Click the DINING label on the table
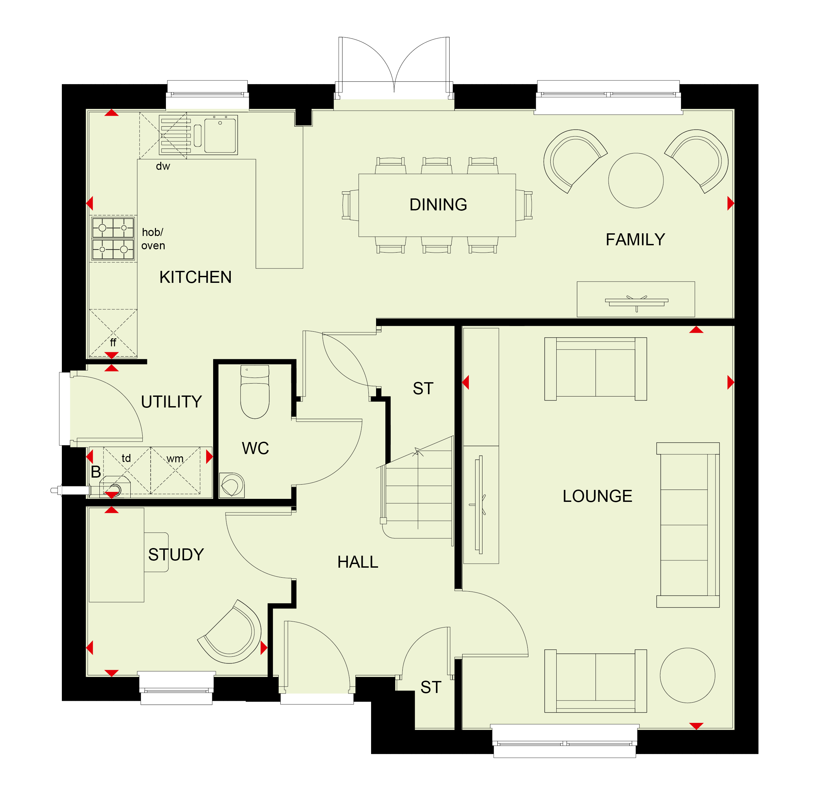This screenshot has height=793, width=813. click(x=438, y=204)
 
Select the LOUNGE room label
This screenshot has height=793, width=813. click(x=597, y=496)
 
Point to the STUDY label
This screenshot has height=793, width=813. click(x=176, y=554)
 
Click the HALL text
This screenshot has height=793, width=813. click(x=357, y=562)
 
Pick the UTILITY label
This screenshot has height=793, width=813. click(x=171, y=401)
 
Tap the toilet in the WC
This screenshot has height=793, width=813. click(x=255, y=392)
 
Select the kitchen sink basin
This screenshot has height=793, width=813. click(x=220, y=135)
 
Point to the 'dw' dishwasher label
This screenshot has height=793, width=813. click(x=163, y=166)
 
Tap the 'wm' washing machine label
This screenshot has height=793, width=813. click(x=175, y=459)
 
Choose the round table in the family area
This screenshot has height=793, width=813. click(x=635, y=180)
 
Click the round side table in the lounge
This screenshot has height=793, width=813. click(x=687, y=675)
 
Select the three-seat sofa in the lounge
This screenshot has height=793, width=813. click(x=688, y=525)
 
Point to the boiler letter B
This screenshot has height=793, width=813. click(x=96, y=472)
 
